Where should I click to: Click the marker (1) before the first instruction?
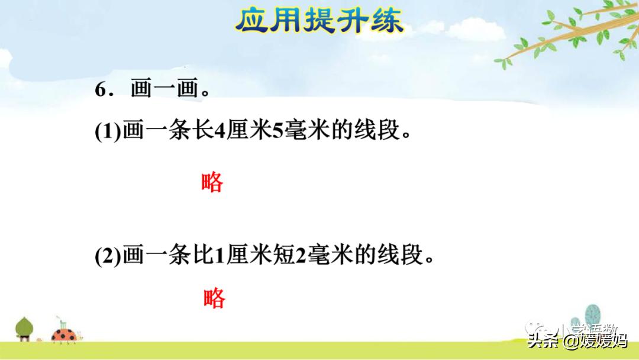point(108,131)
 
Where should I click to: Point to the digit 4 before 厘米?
point(218,131)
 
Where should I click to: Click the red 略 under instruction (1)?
point(212,182)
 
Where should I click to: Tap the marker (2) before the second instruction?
point(108,256)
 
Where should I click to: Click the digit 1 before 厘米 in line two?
point(218,256)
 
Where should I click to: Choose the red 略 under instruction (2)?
point(214,298)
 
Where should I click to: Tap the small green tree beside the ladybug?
point(24,328)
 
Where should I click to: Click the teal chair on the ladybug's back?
point(61,325)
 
